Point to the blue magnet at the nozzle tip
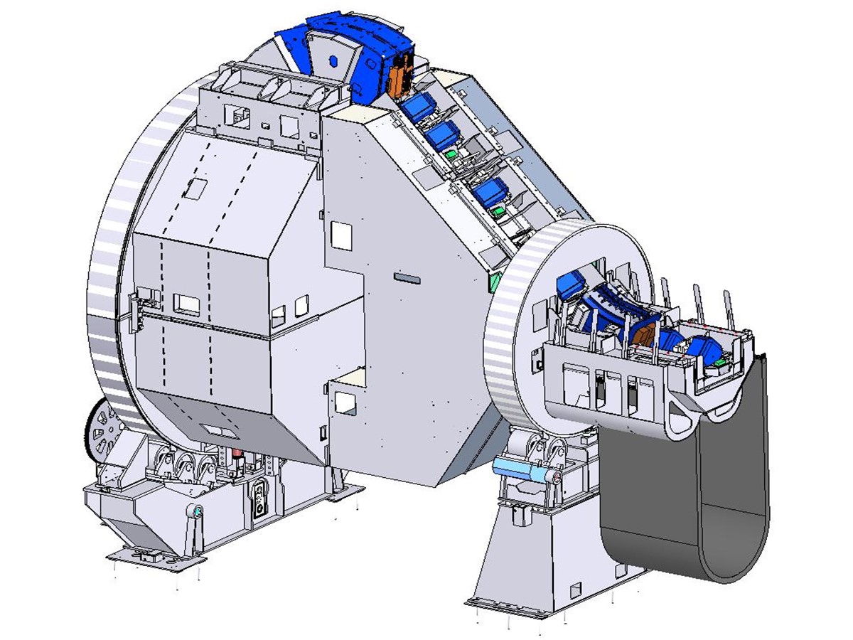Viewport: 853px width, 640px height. point(705,350)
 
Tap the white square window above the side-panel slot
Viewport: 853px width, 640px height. point(342,235)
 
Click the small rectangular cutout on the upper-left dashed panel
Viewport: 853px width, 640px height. point(195,188)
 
